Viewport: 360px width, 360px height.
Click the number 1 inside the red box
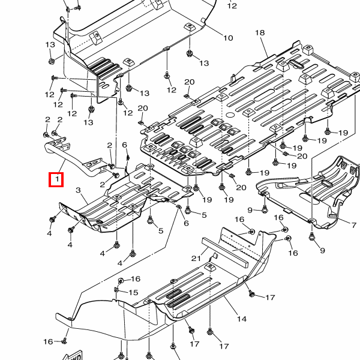coord(56,179)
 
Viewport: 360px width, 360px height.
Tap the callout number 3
coord(77,190)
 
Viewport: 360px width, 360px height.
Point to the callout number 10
coord(229,38)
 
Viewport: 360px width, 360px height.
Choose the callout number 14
coord(241,319)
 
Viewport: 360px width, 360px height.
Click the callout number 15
coord(134,292)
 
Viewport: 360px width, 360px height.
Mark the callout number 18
coord(260,32)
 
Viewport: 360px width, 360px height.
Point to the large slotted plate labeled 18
coord(240,114)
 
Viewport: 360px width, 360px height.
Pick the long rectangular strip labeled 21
coord(225,249)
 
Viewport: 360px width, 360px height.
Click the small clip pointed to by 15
coord(116,290)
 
